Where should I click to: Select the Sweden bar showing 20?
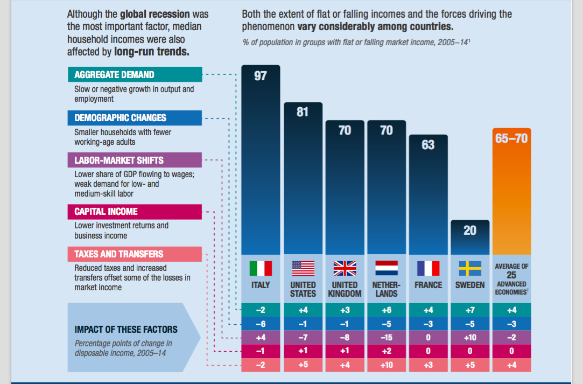[470, 237]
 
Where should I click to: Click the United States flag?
[303, 268]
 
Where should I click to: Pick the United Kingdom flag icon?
[345, 268]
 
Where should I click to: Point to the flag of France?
[428, 268]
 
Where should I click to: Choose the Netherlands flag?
[387, 268]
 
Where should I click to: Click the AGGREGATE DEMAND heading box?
[135, 75]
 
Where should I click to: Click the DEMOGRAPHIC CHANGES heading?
[135, 118]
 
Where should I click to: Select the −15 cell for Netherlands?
[387, 338]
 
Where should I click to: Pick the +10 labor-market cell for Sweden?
[470, 338]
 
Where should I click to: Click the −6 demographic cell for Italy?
[261, 324]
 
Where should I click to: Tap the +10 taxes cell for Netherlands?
[387, 365]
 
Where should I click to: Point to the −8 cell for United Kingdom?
[345, 338]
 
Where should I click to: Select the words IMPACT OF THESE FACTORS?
[126, 330]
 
